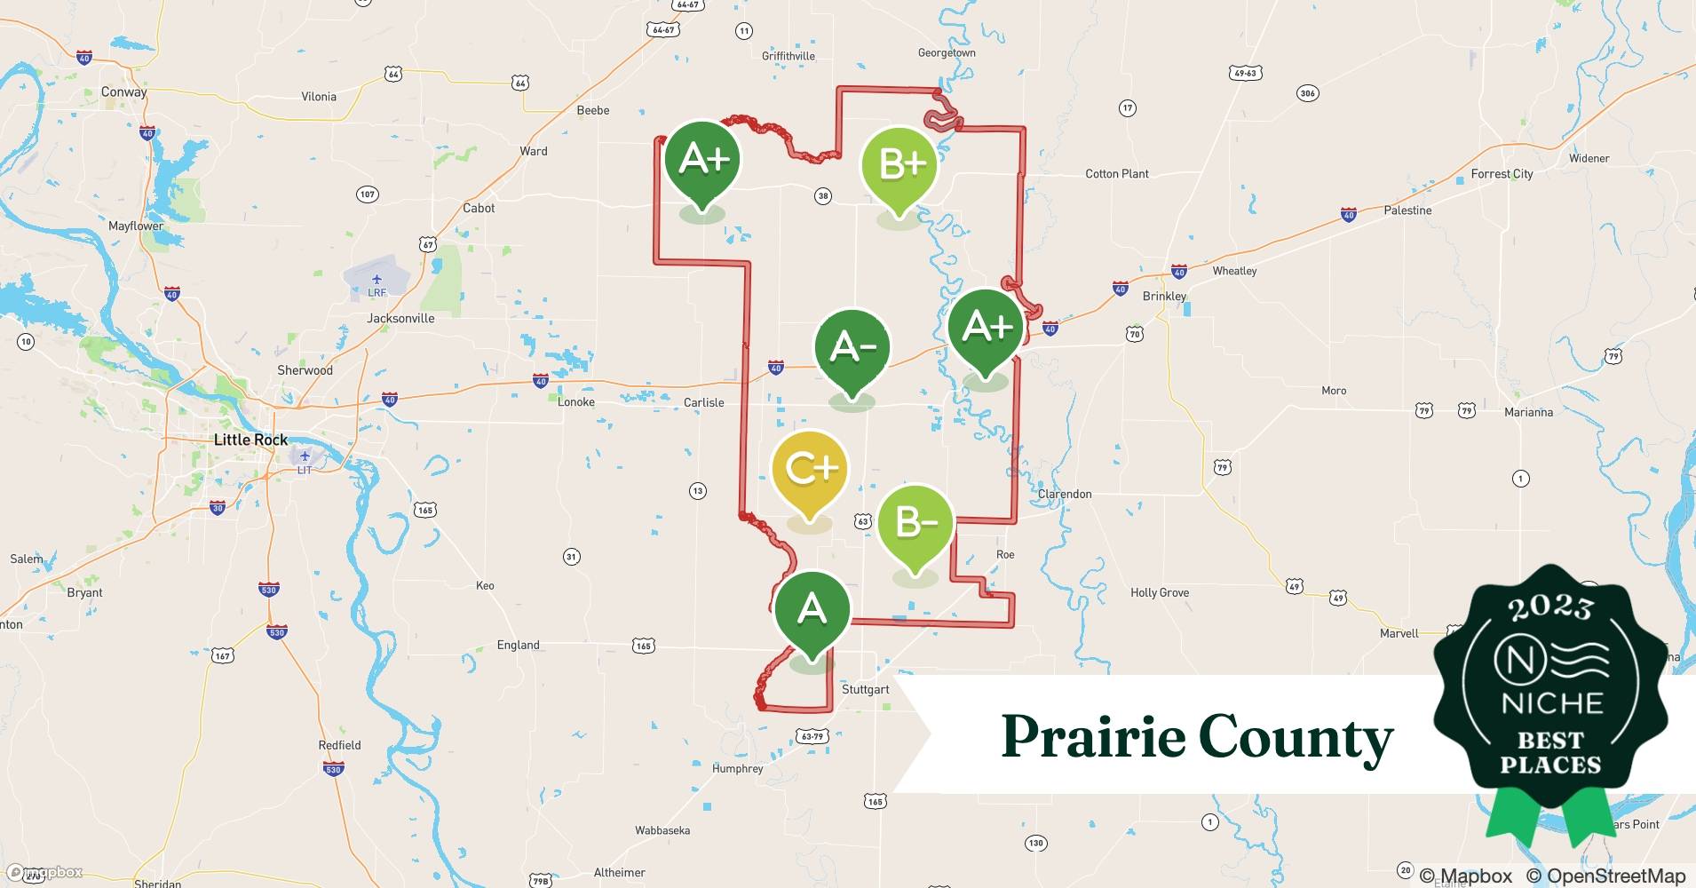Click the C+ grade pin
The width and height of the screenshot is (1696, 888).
tap(809, 471)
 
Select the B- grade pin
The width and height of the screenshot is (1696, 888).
tap(915, 524)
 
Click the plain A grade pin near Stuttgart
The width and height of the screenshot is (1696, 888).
tap(812, 610)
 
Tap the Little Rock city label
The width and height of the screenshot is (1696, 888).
tap(250, 440)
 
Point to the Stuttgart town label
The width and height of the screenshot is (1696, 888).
tap(865, 689)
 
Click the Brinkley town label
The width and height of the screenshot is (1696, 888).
tap(1164, 296)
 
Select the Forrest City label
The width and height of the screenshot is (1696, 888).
tap(1502, 174)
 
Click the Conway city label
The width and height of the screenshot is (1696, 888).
tap(123, 91)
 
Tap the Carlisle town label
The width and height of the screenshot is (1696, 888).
tap(703, 402)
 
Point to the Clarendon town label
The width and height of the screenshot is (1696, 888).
tap(1065, 494)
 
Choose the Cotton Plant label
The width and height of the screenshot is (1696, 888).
tap(1117, 174)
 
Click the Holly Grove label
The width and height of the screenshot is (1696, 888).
tap(1160, 592)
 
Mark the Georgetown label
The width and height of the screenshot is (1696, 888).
tap(947, 53)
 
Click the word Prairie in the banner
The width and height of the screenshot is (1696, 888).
tap(1090, 737)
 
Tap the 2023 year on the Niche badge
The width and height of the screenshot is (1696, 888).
tap(1550, 607)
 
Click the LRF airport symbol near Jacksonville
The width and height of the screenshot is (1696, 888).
tap(377, 281)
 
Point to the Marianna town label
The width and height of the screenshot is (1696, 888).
tap(1528, 412)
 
